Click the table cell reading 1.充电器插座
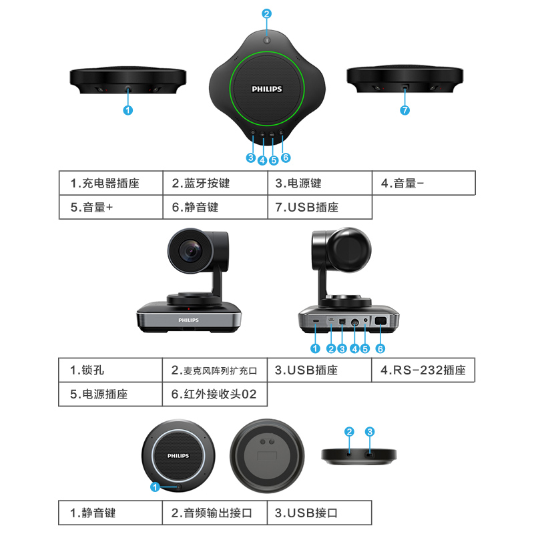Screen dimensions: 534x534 (111, 183)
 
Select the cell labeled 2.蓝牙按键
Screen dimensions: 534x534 (215, 183)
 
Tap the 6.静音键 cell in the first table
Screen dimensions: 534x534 (215, 207)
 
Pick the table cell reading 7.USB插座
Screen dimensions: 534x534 (320, 207)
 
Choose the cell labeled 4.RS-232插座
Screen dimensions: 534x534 (423, 370)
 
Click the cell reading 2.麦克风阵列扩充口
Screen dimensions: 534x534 (215, 370)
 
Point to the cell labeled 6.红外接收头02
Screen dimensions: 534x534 (215, 394)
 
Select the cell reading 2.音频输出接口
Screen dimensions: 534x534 (215, 513)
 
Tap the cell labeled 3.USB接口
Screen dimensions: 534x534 (320, 513)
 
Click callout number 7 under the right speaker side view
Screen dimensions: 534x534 (405, 110)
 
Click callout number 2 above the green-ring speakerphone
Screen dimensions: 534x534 (266, 13)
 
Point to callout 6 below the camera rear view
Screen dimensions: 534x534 (380, 348)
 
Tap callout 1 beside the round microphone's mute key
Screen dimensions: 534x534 (155, 487)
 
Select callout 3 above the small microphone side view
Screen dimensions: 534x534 (370, 432)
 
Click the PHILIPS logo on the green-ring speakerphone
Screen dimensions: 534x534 (266, 89)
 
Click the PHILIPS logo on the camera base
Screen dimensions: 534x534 (188, 320)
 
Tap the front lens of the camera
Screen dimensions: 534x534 (191, 251)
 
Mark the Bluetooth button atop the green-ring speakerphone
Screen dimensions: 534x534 (267, 40)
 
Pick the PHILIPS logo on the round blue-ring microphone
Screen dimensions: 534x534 (178, 456)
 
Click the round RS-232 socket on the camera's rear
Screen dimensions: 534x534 (354, 322)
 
